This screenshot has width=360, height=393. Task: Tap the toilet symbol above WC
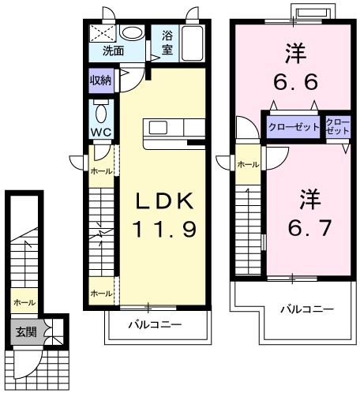(x=100, y=110)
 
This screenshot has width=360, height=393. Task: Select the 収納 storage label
(x=100, y=79)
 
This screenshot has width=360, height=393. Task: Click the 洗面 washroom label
(x=113, y=51)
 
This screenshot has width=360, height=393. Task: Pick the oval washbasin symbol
(x=132, y=33)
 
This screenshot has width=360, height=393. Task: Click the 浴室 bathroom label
(x=167, y=43)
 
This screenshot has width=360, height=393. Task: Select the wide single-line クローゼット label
(x=293, y=127)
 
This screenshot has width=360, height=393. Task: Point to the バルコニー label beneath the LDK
(x=156, y=324)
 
